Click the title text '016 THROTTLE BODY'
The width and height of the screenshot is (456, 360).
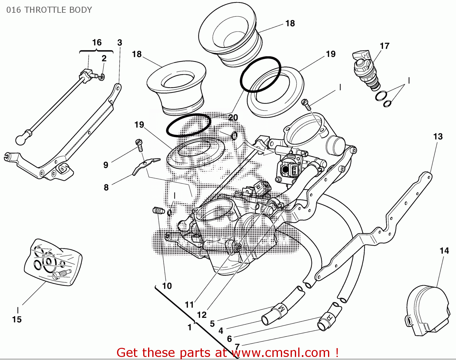coord(49,10)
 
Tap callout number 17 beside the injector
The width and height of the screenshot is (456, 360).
coord(384,46)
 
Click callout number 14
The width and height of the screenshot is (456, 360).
coord(444,251)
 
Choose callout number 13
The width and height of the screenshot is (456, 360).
coord(438,136)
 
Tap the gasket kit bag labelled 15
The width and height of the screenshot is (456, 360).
coord(53,262)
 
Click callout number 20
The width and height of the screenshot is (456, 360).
coord(233,118)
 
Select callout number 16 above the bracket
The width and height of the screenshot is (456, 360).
coord(97,43)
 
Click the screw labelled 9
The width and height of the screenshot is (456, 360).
coord(139,145)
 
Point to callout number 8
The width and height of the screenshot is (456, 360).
coord(106,187)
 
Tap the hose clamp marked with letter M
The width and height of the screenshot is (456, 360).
coord(281,309)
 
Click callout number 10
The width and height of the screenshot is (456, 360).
coord(167,286)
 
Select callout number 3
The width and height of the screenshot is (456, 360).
coord(119,43)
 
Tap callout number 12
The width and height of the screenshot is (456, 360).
coord(202,315)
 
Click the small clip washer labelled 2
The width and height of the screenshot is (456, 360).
coord(102,77)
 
